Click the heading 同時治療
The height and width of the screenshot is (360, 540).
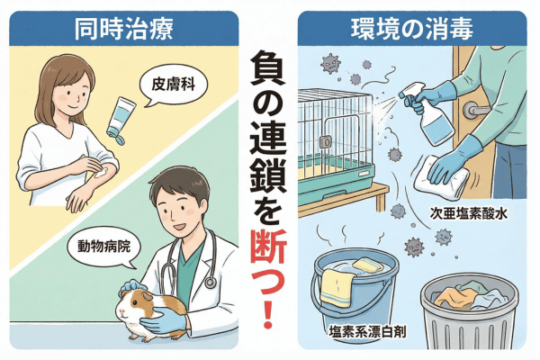124,29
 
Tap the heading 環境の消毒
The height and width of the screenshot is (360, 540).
412,29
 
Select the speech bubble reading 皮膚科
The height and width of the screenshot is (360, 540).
174,85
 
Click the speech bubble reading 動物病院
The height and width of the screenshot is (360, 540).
104,247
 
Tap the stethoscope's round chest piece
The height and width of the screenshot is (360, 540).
210,283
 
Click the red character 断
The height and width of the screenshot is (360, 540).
268,248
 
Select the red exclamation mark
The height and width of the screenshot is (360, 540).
268,313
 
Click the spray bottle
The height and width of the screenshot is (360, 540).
430,113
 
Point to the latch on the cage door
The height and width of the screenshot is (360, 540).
326,141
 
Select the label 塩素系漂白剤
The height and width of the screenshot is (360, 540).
367,332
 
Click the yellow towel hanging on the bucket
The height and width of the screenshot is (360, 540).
337,288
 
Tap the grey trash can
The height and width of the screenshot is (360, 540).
470,311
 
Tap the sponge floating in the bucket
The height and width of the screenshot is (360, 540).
368,265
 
